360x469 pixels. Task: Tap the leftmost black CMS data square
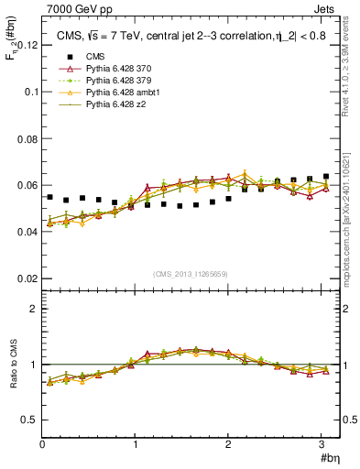(x=50, y=197)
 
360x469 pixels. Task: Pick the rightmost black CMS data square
(x=326, y=177)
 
